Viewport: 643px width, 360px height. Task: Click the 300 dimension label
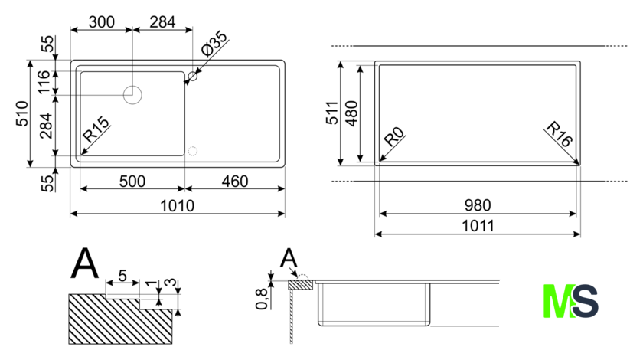[101, 21]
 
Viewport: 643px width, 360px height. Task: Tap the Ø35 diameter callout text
[214, 44]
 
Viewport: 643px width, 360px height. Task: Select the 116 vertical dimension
[44, 82]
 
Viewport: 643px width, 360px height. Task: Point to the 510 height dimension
[21, 113]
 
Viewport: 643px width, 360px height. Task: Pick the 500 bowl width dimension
[132, 181]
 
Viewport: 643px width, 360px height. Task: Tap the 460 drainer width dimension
[235, 181]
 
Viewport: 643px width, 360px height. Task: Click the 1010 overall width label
[177, 205]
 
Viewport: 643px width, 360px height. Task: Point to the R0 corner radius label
[394, 136]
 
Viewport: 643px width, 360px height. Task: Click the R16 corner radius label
[559, 134]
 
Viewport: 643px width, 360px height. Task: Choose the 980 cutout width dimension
[478, 205]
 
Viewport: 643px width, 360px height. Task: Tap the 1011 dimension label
[478, 226]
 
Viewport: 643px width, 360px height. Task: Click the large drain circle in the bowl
[132, 86]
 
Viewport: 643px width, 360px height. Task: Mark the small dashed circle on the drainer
[193, 146]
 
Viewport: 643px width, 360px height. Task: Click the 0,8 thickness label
[262, 299]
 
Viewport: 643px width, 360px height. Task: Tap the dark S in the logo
[585, 301]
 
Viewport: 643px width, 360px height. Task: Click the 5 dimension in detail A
[122, 276]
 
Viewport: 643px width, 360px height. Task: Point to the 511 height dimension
[331, 113]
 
